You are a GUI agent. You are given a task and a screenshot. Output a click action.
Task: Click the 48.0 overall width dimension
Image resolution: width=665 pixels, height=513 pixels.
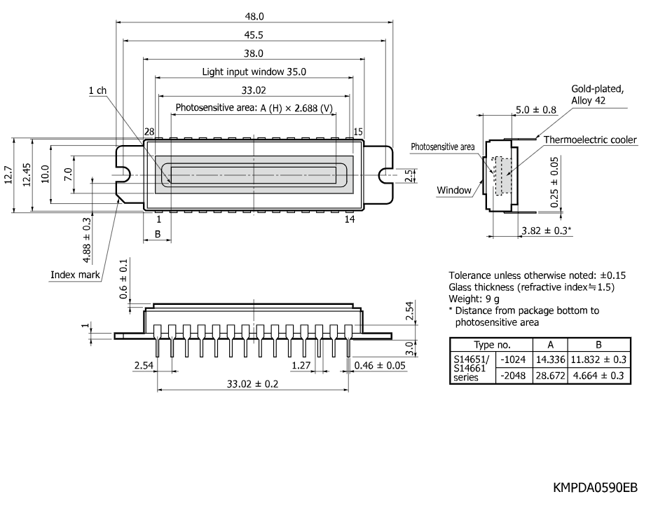tap(254, 17)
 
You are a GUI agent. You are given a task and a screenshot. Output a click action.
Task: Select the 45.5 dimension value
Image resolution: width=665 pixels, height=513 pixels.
tap(254, 35)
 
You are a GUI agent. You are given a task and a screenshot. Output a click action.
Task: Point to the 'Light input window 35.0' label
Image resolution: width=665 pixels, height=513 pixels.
tap(254, 71)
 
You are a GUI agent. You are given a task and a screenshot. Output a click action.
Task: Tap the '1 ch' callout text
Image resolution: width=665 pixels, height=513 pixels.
tap(97, 90)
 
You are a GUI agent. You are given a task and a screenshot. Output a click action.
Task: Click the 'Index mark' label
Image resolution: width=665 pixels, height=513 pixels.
tap(75, 275)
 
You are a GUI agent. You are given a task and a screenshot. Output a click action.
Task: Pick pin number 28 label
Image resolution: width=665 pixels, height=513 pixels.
tap(149, 132)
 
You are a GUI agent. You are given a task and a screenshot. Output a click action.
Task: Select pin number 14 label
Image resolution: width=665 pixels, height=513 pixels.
tap(350, 219)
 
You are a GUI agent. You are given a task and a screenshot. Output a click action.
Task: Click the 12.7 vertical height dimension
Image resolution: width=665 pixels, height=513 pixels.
tap(8, 175)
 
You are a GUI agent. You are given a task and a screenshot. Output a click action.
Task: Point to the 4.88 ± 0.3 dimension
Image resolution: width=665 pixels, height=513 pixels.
tap(86, 240)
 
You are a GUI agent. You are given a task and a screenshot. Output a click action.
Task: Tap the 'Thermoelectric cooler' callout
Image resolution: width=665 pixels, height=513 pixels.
tap(590, 140)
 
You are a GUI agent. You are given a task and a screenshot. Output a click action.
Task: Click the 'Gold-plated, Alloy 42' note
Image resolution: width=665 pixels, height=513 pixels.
tap(598, 95)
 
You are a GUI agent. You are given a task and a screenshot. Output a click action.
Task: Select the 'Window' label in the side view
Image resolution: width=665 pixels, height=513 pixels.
tap(454, 190)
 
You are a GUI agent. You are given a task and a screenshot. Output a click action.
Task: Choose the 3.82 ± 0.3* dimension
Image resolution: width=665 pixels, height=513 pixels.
tap(547, 231)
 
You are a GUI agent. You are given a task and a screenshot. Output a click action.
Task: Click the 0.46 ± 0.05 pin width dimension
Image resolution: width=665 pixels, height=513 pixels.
tap(380, 365)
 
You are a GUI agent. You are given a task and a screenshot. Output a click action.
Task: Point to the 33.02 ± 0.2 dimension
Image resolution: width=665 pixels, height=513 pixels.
tap(252, 384)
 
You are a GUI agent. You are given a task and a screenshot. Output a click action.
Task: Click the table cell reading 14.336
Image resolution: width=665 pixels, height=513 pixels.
tap(551, 360)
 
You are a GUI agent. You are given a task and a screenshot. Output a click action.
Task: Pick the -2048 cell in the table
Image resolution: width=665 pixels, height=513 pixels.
tap(513, 376)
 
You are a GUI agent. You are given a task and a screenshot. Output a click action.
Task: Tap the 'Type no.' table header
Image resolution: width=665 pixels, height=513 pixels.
tap(492, 345)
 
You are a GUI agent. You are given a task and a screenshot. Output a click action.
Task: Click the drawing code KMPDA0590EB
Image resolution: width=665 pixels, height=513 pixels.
tap(595, 488)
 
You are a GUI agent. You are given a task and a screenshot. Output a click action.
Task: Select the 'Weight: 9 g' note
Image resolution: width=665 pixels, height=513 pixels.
tap(474, 299)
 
